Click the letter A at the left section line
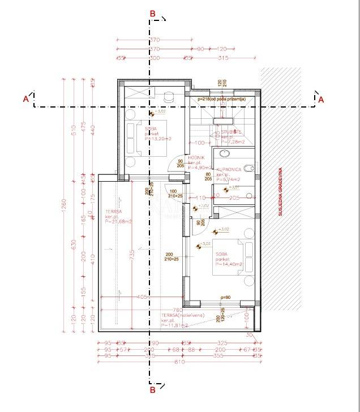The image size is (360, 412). tap(25, 99)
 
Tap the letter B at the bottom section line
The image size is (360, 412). tap(152, 389)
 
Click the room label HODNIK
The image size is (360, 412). tap(204, 158)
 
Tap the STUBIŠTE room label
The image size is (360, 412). tap(224, 132)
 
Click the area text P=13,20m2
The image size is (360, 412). tap(158, 138)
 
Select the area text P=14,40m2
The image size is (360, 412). tap(229, 264)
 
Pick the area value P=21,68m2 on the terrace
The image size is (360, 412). tap(118, 221)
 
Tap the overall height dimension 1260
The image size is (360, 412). tap(63, 203)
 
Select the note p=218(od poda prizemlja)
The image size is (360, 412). tap(221, 99)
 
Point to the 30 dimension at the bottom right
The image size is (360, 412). tap(250, 334)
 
